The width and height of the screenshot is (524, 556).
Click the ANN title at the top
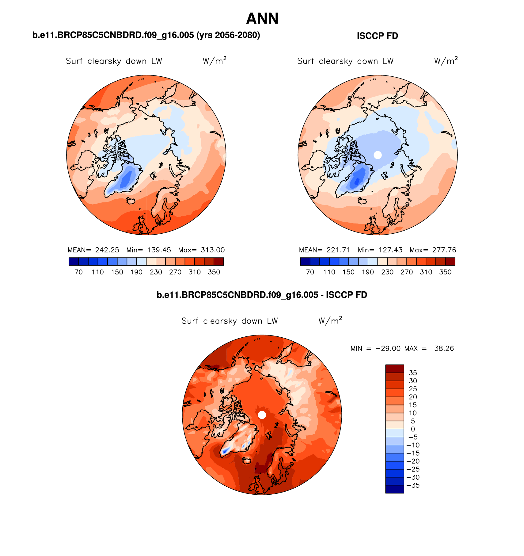pyautogui.click(x=262, y=19)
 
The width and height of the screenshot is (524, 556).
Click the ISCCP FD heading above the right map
pyautogui.click(x=377, y=36)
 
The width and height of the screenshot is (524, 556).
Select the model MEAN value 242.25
pyautogui.click(x=107, y=250)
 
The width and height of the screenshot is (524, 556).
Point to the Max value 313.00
pyautogui.click(x=213, y=250)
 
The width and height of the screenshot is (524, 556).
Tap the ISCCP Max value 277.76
pyautogui.click(x=444, y=250)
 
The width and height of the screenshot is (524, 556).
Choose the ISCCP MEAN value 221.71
pyautogui.click(x=338, y=250)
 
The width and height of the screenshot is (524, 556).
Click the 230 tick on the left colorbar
pyautogui.click(x=156, y=272)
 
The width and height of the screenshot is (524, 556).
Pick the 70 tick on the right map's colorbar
pyautogui.click(x=310, y=272)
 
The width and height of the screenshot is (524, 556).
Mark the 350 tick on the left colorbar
pyautogui.click(x=214, y=272)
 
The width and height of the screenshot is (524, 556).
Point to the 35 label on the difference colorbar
pyautogui.click(x=413, y=373)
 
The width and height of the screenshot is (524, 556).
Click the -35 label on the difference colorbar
pyautogui.click(x=413, y=485)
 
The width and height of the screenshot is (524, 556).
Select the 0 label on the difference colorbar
pyautogui.click(x=413, y=429)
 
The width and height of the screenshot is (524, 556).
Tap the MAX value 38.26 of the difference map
pyautogui.click(x=444, y=348)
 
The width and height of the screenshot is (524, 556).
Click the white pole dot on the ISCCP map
pyautogui.click(x=378, y=155)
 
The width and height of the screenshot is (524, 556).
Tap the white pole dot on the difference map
pyautogui.click(x=262, y=415)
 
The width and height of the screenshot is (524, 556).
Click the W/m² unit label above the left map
pyautogui.click(x=214, y=61)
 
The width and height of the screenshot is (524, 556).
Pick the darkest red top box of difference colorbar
pyautogui.click(x=394, y=369)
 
